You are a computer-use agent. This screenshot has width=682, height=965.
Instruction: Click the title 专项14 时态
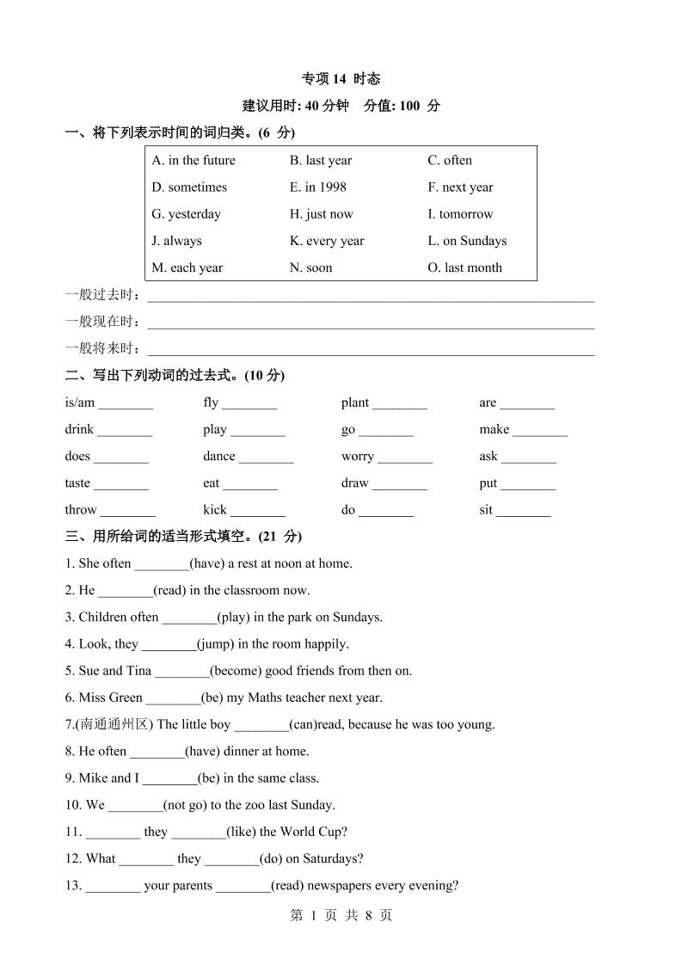(x=341, y=78)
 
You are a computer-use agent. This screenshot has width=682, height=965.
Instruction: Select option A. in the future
(x=194, y=160)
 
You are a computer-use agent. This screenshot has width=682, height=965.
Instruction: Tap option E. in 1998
(x=318, y=187)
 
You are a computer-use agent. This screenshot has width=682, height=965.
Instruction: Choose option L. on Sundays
(x=467, y=241)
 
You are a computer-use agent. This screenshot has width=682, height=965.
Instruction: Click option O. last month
(x=464, y=267)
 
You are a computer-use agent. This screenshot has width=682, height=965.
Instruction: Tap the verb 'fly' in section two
(x=211, y=403)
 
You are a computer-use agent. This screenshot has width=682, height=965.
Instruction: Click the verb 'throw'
(x=81, y=510)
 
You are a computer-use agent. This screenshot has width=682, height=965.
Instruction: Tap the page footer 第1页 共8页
(x=341, y=915)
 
